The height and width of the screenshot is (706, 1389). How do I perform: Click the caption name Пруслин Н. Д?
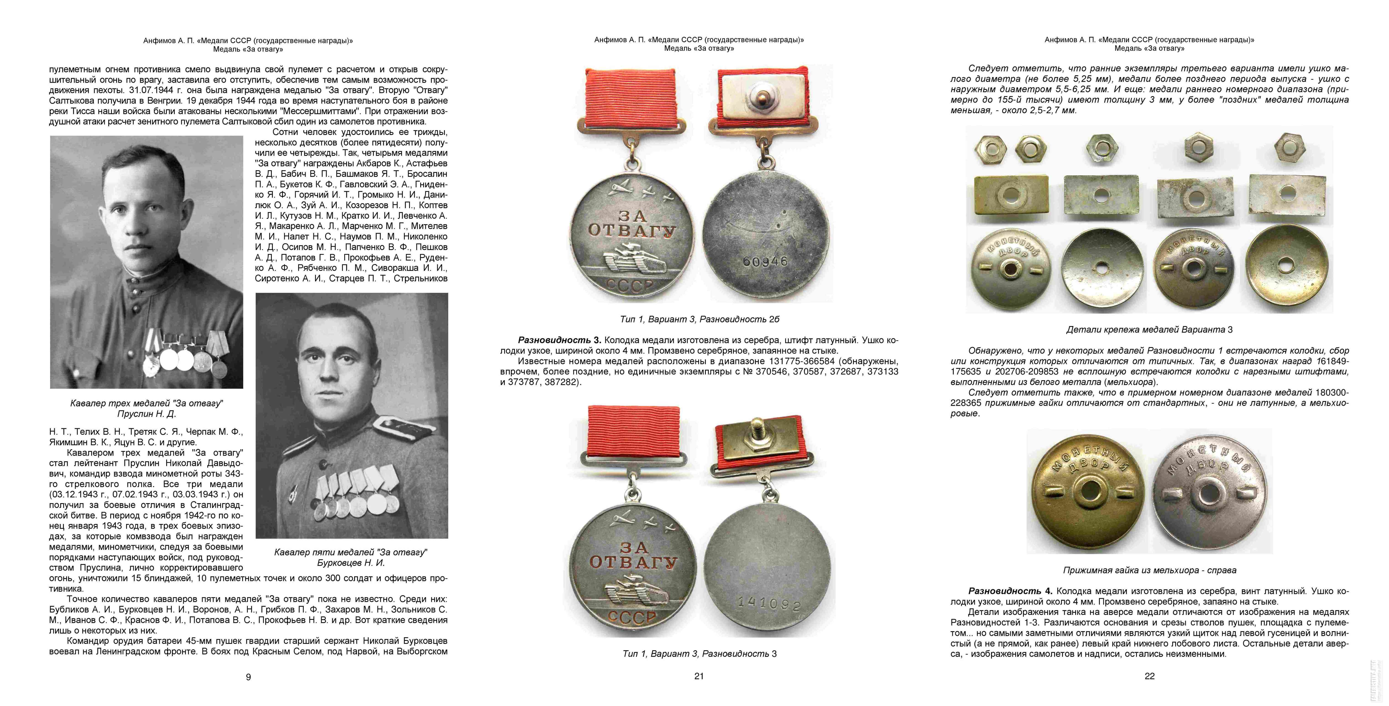(x=147, y=414)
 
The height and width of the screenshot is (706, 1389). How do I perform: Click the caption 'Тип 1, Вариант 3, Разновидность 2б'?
(x=699, y=319)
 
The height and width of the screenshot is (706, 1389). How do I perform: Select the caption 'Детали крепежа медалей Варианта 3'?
(x=1149, y=329)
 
